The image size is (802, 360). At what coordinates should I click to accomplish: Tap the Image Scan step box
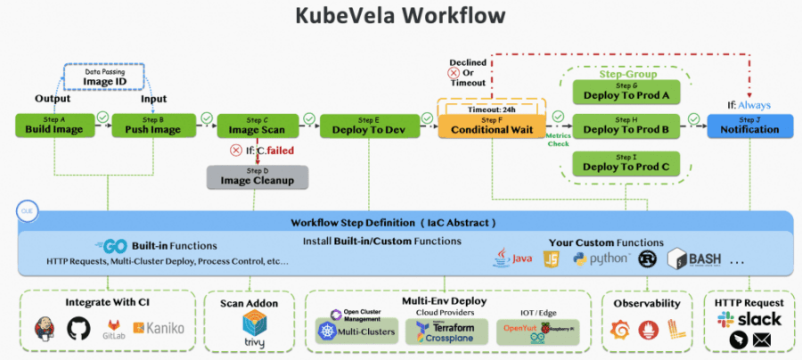click(257, 126)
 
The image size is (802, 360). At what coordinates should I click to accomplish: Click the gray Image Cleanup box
click(257, 176)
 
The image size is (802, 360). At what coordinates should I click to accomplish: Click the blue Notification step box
click(749, 126)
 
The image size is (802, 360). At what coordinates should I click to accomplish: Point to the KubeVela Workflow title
click(400, 16)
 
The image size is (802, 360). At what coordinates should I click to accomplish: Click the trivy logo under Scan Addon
click(253, 336)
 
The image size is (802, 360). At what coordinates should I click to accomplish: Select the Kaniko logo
click(160, 329)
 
